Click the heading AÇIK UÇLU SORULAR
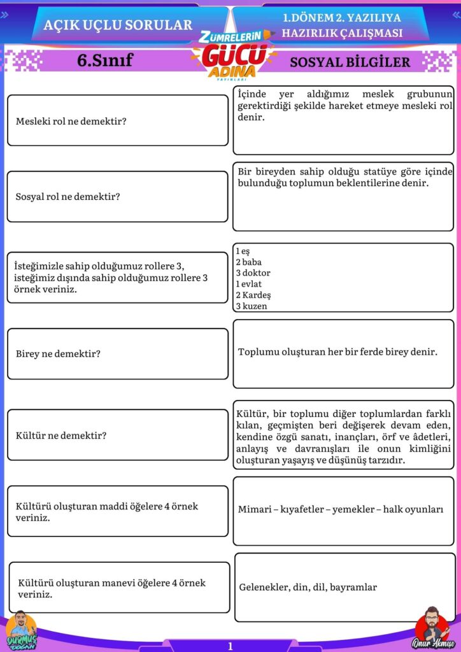[118, 25]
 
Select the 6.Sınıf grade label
[105, 61]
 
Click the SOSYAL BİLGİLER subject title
[350, 62]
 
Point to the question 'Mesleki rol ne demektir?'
[71, 121]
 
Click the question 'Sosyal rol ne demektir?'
[68, 197]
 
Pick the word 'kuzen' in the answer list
[255, 306]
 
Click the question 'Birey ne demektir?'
[58, 353]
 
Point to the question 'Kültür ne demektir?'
[61, 436]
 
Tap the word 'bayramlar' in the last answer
[353, 587]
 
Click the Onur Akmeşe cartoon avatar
[429, 627]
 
